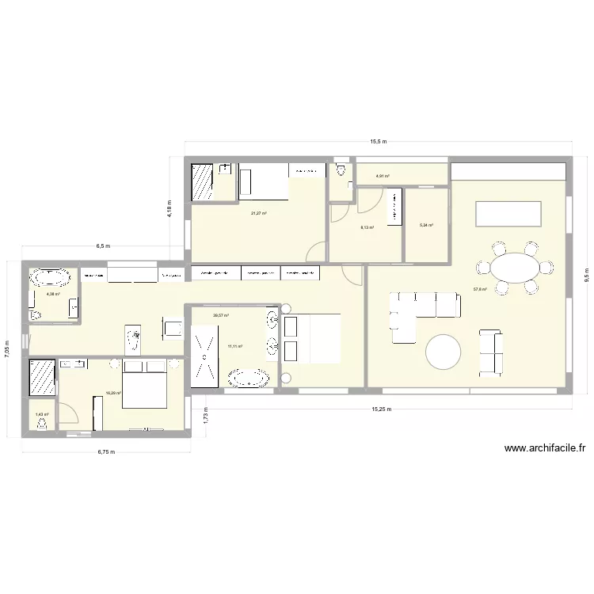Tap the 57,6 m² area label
coord(480,289)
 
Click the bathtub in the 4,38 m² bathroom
coord(51,278)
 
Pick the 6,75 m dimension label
coord(106,453)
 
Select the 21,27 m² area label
coord(258,213)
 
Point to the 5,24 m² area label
coord(426,225)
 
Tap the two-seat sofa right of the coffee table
coord(490,352)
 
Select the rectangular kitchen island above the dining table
coord(508,213)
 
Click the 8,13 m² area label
coord(367,228)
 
